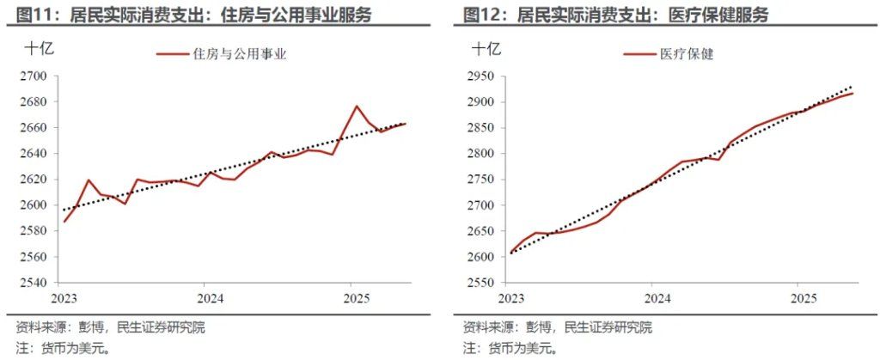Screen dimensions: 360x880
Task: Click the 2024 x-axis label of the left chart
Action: (x=210, y=298)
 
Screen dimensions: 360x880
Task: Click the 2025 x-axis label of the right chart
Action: (x=802, y=298)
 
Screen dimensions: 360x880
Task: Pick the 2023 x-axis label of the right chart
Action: (x=511, y=298)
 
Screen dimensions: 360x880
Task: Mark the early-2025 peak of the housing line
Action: (x=356, y=107)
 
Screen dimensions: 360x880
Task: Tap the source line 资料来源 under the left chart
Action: (x=111, y=327)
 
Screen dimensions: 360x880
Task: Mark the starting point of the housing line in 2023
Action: (x=64, y=222)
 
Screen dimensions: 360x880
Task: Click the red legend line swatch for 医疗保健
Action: (x=639, y=54)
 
